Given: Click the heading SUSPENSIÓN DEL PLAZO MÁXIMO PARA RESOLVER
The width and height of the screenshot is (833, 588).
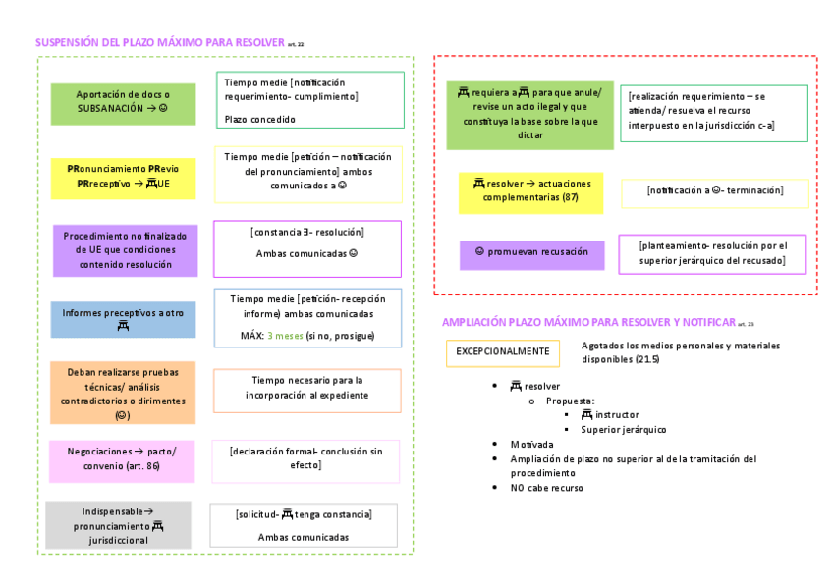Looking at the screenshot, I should coord(160,43).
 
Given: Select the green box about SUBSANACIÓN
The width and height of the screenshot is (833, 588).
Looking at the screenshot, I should coord(123,102).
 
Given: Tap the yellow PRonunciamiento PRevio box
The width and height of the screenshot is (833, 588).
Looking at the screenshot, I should coord(123,177).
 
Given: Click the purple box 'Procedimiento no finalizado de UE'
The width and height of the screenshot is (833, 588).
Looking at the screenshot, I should coord(125,250).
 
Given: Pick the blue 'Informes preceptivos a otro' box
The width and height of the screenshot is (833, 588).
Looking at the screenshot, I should coord(123,319).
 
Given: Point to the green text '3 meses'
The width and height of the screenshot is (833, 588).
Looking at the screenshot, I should coord(285,336).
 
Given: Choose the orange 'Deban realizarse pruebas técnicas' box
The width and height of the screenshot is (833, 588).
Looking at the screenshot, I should coord(123,393).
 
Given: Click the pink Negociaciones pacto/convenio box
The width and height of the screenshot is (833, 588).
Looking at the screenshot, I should coord(123,459).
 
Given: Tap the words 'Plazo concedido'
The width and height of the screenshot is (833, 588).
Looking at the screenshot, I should coord(259,120).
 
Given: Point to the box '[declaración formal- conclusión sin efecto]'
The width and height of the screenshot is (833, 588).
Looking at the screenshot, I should coord(305,459).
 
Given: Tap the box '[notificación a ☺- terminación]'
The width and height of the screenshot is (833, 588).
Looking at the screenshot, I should coord(714,191).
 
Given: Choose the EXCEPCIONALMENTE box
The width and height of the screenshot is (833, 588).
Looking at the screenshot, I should coord(502,351).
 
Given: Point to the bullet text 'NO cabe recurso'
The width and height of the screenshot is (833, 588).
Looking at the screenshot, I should coord(546,488).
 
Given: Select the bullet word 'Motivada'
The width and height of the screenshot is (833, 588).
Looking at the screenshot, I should coord(531,445).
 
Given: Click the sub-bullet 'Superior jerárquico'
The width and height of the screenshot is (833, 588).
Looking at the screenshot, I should coord(623,430).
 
